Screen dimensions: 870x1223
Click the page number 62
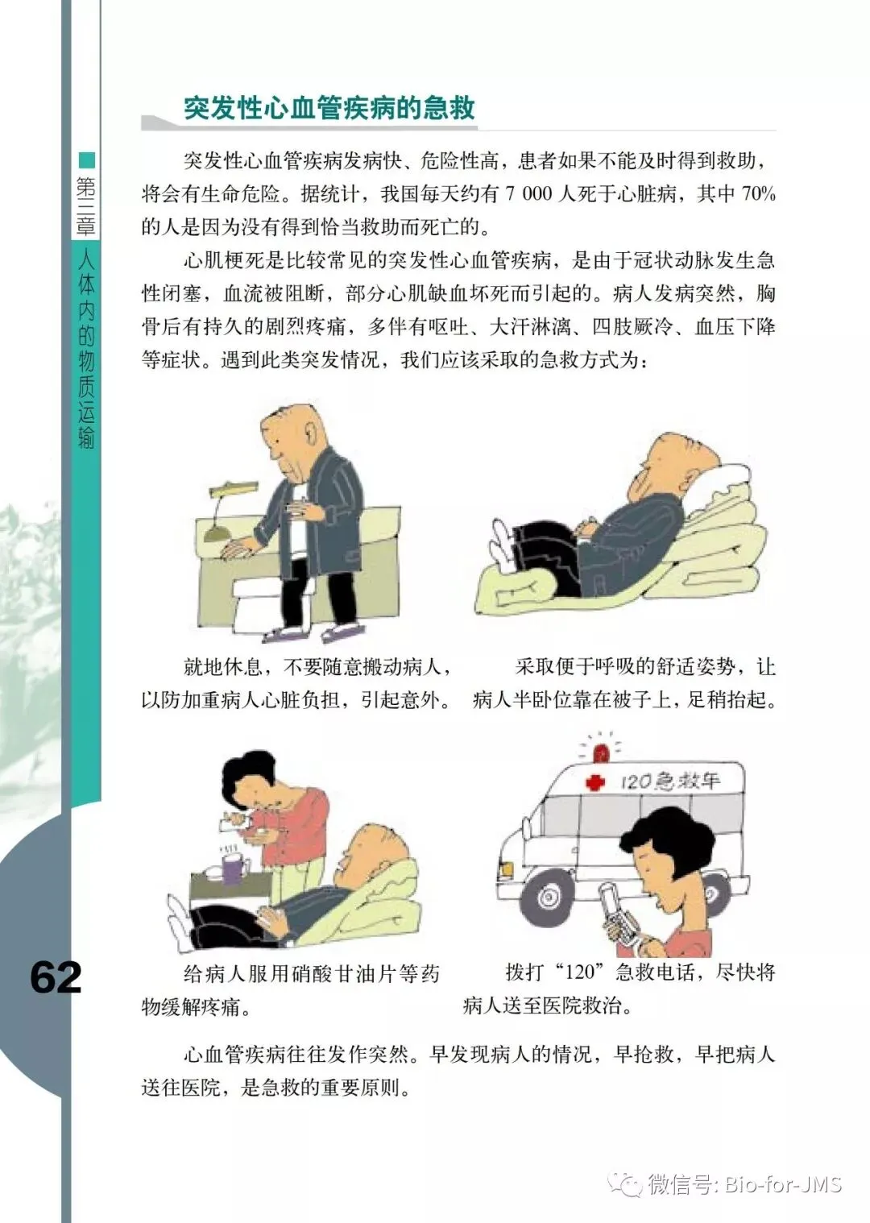56,976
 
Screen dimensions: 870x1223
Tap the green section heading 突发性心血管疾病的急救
329,108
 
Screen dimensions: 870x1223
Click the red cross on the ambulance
595,782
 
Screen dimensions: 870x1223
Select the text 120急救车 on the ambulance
670,781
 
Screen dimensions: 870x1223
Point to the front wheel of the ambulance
546,895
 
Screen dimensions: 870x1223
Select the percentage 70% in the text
759,193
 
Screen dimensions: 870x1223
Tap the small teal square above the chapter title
87,160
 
